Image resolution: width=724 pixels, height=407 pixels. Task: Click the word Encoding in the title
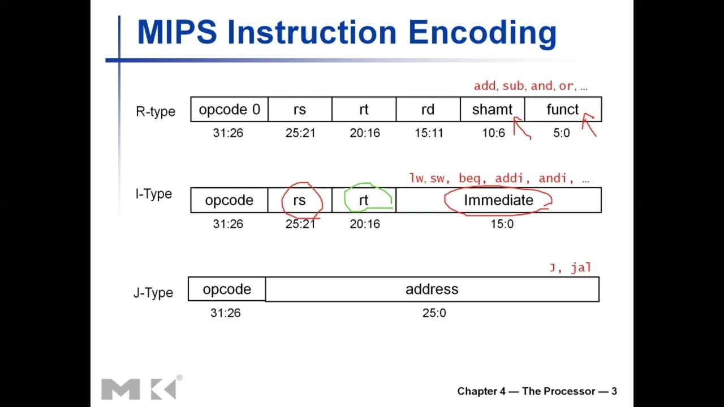[x=482, y=33]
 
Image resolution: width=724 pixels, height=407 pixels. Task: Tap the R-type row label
[x=156, y=111]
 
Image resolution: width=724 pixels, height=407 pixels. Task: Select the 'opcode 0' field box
[x=229, y=110]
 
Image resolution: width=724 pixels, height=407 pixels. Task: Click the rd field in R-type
[x=428, y=110]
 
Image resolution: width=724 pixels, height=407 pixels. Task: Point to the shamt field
[x=492, y=110]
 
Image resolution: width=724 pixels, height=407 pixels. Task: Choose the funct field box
[x=563, y=110]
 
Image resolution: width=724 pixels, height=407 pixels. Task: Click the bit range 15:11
[x=429, y=133]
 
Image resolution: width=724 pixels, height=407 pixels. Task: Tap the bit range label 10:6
[x=493, y=133]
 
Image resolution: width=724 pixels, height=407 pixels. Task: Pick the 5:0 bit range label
[x=561, y=133]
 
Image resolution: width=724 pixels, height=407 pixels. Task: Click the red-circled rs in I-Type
[x=300, y=201]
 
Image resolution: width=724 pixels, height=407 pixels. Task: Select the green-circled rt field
[x=364, y=201]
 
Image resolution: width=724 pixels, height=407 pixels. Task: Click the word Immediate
[x=498, y=201]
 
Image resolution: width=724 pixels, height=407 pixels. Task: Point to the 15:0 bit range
[x=502, y=224]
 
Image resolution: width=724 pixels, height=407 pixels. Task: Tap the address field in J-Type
[x=432, y=289]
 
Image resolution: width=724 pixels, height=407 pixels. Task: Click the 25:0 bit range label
[x=434, y=313]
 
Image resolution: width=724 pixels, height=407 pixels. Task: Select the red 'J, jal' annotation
[x=570, y=267]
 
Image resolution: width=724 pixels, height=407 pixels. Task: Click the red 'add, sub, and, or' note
[x=531, y=86]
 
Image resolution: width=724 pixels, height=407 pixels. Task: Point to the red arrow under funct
[x=589, y=125]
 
